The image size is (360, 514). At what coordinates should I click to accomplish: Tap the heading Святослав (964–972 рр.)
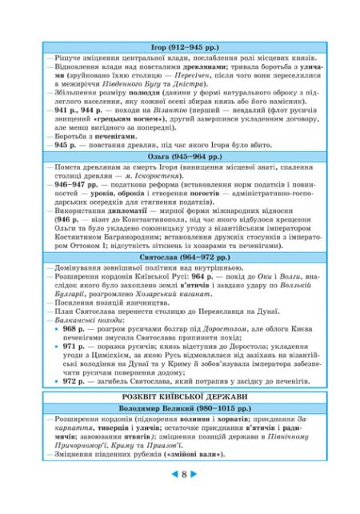(x=180, y=259)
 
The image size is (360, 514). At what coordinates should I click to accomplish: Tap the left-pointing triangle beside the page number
(x=171, y=474)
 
